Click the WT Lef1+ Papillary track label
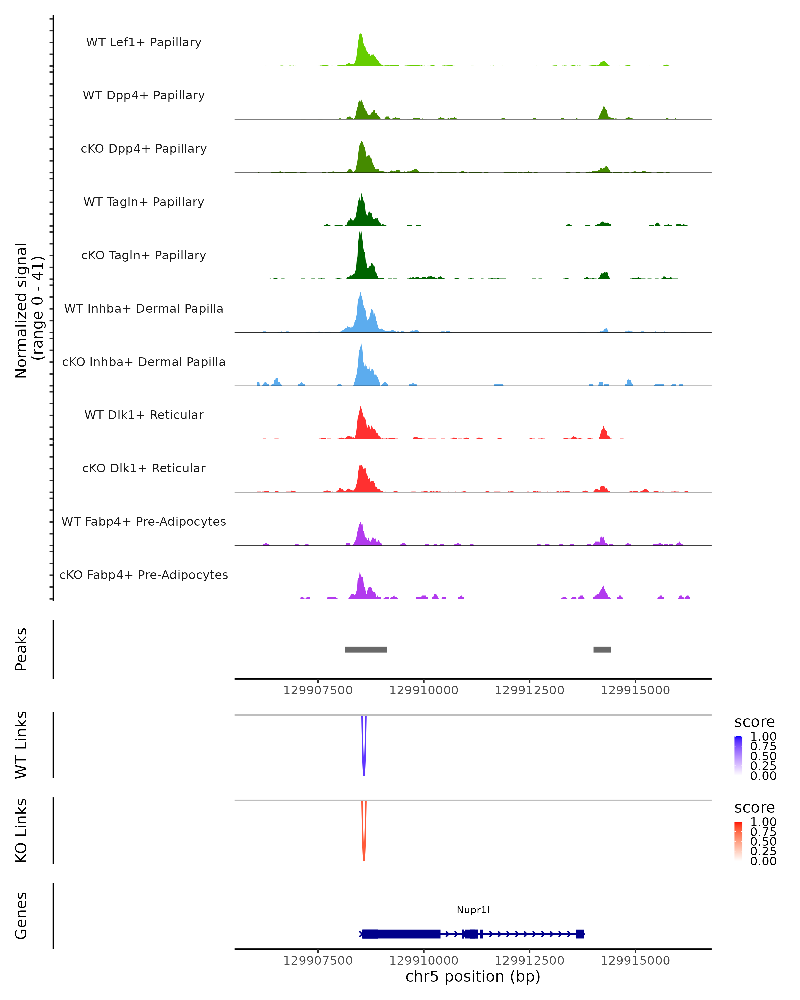pos(144,42)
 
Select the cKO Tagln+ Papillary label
pos(144,255)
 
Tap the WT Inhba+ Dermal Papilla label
pos(144,308)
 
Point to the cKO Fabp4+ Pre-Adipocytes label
pos(144,575)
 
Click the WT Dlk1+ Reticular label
pos(144,415)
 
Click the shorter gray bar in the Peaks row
pos(602,649)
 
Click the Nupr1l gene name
pos(473,910)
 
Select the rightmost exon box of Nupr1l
pos(580,934)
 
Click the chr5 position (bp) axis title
pos(473,976)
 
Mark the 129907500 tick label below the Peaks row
pos(318,690)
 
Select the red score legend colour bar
pos(738,841)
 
